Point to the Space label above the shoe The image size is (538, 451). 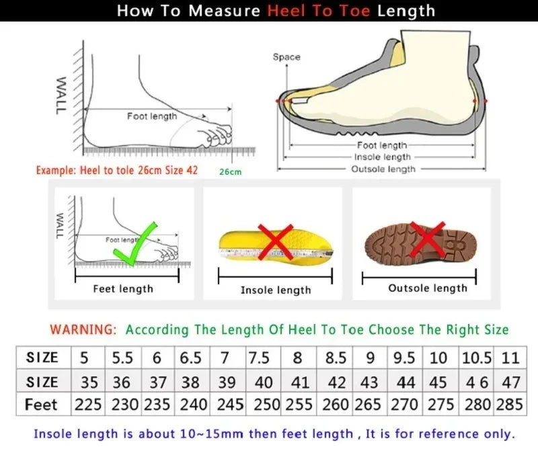(286, 57)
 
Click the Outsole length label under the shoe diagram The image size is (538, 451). (383, 169)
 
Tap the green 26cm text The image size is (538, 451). (230, 172)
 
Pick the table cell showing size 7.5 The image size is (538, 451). (260, 358)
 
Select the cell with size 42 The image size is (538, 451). (336, 382)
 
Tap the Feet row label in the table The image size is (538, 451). (41, 405)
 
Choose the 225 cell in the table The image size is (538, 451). (89, 405)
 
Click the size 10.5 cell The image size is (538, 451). (477, 358)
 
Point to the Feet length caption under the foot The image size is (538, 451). (123, 289)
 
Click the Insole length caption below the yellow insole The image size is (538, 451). (276, 290)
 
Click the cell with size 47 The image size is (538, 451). (511, 382)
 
